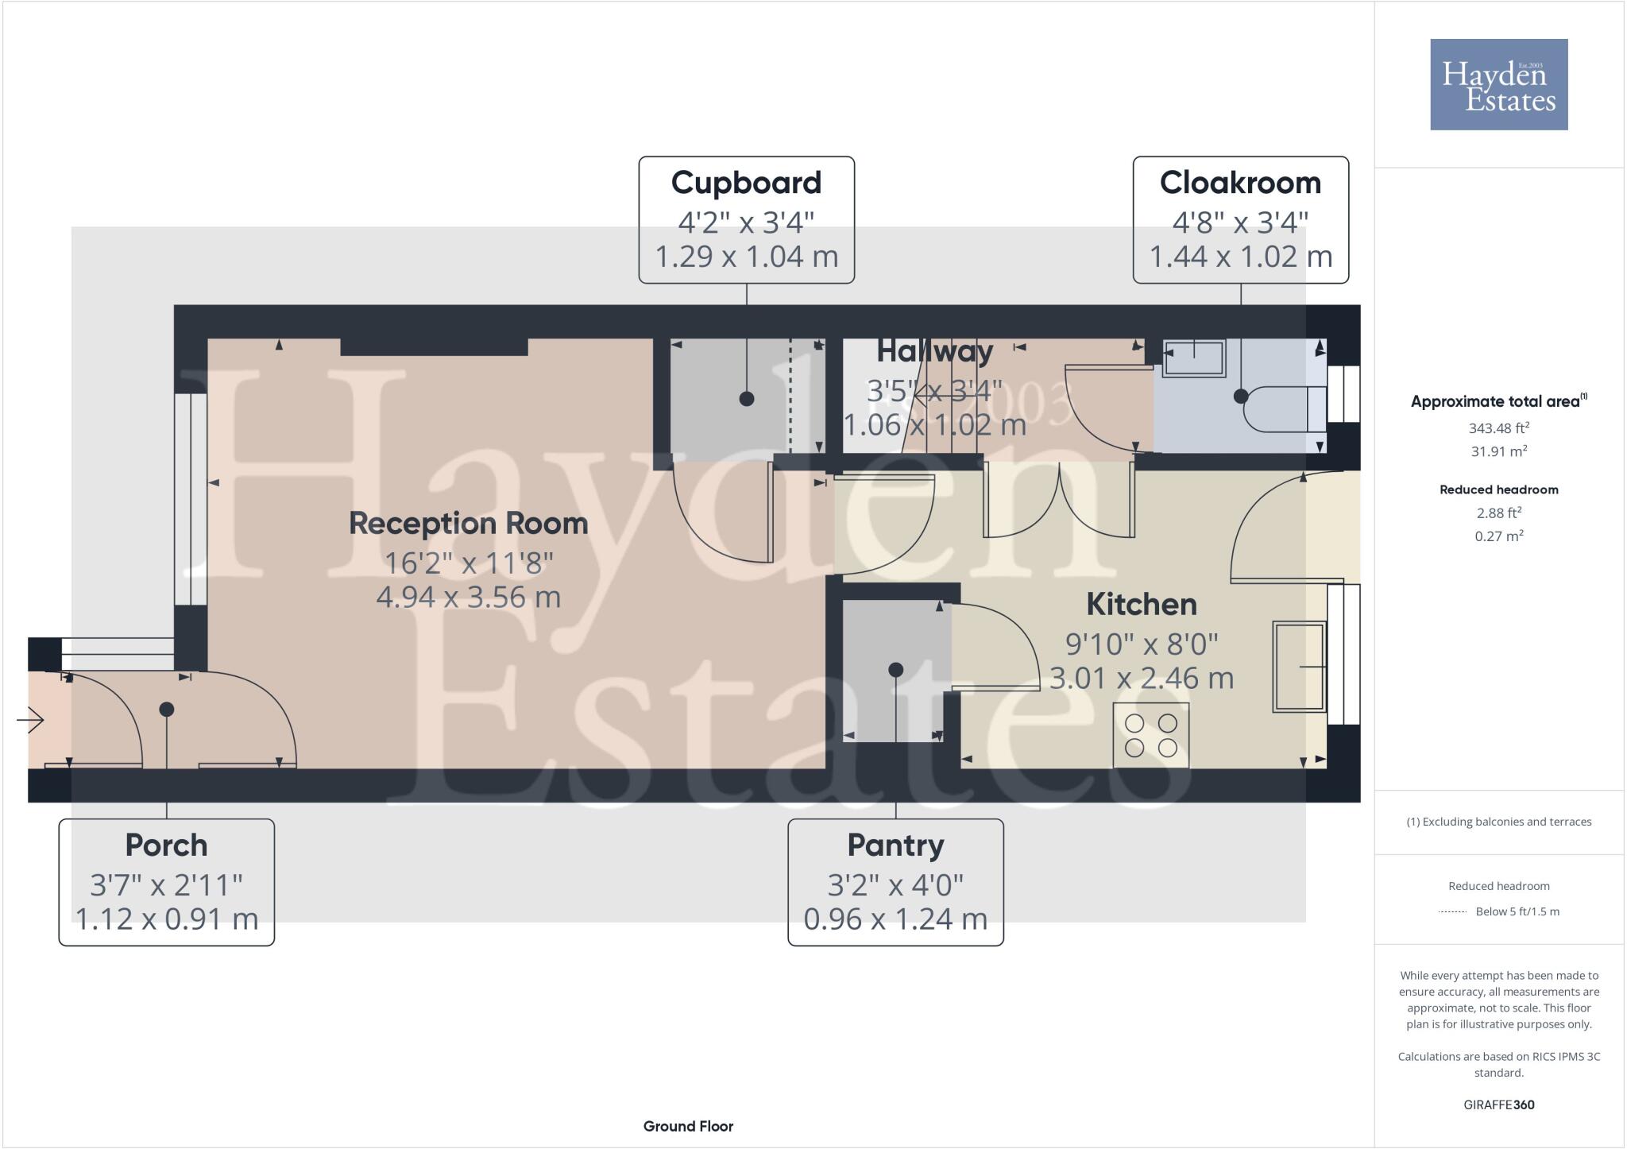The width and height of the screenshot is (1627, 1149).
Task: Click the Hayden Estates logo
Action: coord(1498,84)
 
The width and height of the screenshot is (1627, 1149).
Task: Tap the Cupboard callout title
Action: coord(746,183)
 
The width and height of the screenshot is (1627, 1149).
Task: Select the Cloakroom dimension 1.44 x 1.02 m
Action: coord(1240,257)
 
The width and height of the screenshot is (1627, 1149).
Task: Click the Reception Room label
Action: coord(468,524)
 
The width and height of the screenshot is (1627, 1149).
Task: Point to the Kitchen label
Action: coord(1141,605)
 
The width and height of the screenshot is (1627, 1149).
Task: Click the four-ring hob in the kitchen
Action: coord(1150,735)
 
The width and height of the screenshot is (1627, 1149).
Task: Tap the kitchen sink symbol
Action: coord(1299,666)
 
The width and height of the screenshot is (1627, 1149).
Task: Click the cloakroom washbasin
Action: coord(1194,358)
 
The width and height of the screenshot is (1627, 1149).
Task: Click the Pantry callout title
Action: coord(895,845)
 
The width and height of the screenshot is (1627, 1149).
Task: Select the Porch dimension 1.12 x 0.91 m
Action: coord(166,919)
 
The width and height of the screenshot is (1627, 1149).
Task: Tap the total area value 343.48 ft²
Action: coord(1498,428)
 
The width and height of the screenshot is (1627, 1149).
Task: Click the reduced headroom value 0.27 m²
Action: coord(1498,536)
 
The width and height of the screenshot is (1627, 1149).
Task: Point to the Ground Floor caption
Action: coord(688,1126)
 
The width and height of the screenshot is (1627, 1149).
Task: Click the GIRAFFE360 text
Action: coord(1498,1105)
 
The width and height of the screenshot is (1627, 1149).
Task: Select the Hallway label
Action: coord(934,351)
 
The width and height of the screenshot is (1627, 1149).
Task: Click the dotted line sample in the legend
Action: coord(1451,912)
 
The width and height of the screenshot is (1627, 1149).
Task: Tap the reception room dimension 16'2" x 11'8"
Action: coord(468,563)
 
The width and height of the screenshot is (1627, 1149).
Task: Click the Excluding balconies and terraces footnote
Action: coord(1498,822)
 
